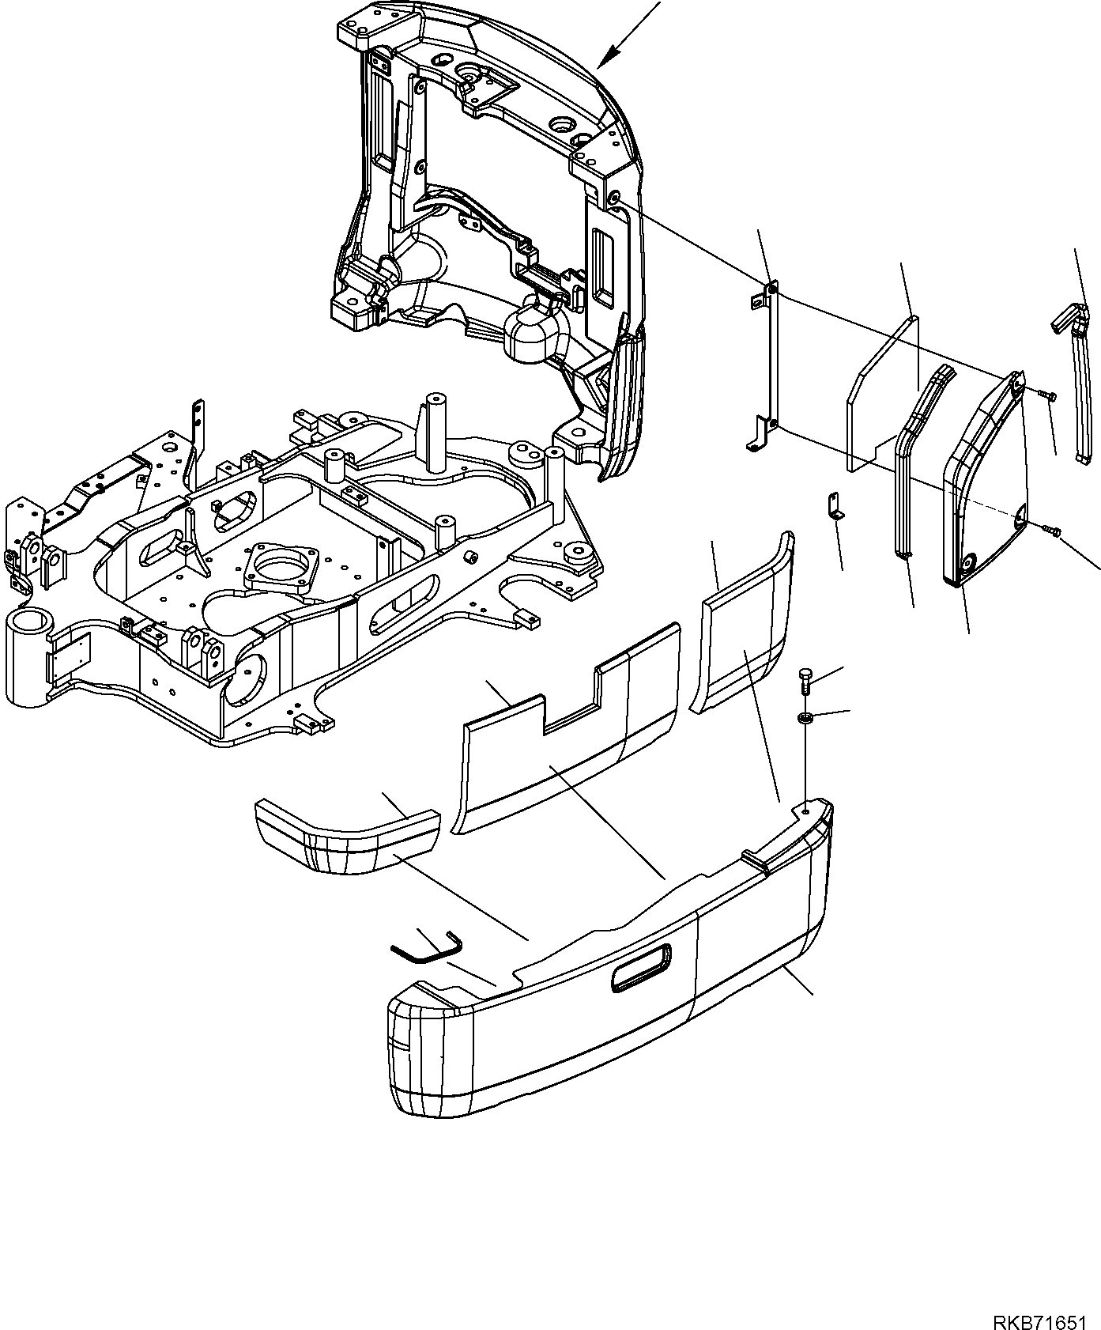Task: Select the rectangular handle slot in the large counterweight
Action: (x=639, y=967)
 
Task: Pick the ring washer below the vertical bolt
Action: (x=805, y=717)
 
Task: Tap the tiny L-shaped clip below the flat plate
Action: (x=833, y=506)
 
